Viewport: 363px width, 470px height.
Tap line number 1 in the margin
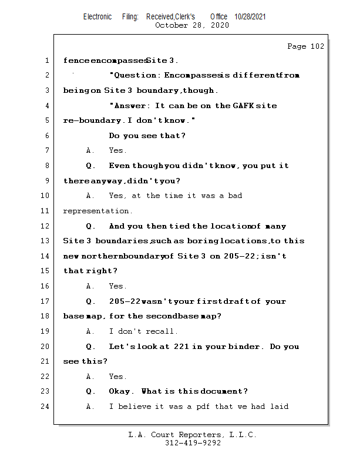coord(46,61)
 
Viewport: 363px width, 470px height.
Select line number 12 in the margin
coord(45,226)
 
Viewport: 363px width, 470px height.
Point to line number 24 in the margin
coord(45,407)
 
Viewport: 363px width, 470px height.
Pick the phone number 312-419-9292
coord(193,444)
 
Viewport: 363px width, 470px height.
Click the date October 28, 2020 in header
coord(191,25)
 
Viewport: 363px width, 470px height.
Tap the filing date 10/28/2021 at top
coord(250,17)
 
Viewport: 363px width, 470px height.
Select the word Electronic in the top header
coord(98,17)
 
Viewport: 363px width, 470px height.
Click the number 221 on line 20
coord(181,347)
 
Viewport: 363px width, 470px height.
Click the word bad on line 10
coord(235,196)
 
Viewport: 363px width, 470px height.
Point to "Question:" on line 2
coord(137,75)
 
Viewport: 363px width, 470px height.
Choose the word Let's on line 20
coord(123,347)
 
